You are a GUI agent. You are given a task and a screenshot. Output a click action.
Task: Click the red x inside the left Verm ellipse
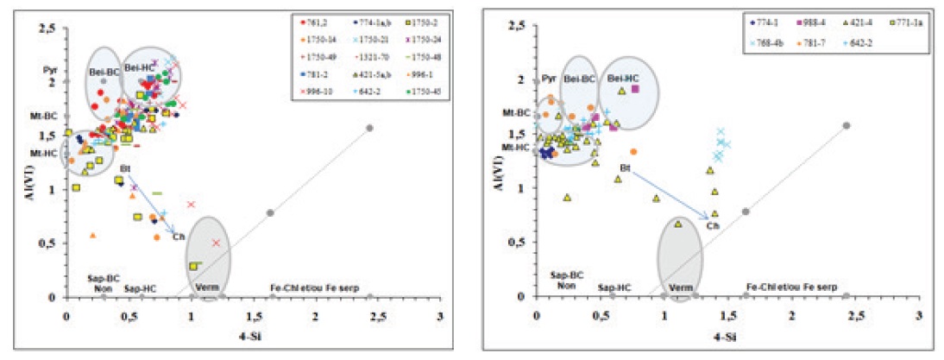click(217, 243)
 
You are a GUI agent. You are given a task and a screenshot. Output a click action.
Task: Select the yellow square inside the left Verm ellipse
click(193, 266)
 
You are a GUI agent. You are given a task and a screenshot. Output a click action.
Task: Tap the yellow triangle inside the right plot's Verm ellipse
click(678, 224)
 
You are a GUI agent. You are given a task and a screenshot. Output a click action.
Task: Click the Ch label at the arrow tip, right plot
click(713, 225)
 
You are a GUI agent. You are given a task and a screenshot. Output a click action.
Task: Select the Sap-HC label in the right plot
click(610, 287)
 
